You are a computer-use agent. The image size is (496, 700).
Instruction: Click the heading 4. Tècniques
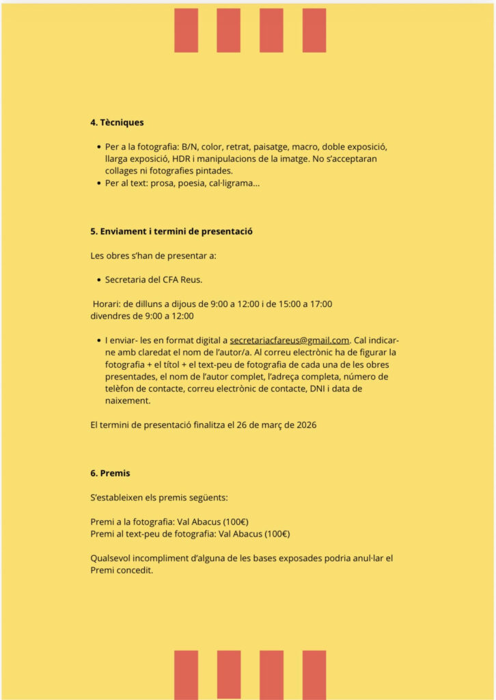(117, 123)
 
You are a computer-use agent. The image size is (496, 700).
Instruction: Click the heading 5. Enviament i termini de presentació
(171, 231)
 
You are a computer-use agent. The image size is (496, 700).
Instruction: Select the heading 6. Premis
(110, 473)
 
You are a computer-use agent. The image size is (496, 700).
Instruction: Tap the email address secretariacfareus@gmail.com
(290, 340)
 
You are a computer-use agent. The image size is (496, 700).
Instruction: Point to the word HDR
(182, 159)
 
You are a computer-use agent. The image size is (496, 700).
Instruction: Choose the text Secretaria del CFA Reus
(154, 280)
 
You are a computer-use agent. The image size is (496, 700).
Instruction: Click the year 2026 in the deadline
(305, 425)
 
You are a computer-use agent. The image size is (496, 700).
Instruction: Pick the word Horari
(106, 304)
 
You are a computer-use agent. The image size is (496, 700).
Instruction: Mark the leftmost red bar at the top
(186, 30)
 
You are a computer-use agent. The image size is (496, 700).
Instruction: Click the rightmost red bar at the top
(314, 30)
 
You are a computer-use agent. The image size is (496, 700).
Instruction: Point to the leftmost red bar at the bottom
(186, 675)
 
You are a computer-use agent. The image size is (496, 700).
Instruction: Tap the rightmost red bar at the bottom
(314, 675)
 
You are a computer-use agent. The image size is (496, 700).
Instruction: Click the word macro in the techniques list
(305, 146)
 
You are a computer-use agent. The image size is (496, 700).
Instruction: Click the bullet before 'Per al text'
(98, 183)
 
